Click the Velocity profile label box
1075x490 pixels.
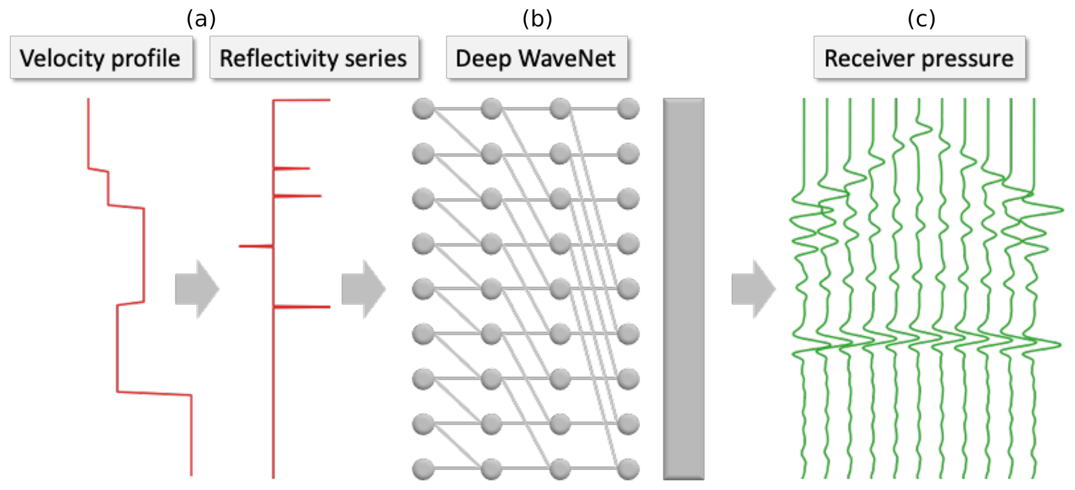pos(101,58)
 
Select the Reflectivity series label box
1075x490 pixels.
pos(314,58)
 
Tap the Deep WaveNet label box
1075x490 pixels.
pos(536,58)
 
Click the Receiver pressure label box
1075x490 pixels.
pos(919,58)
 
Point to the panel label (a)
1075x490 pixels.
pos(201,19)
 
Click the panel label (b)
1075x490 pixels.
pos(537,19)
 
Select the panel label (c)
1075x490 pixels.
pos(921,19)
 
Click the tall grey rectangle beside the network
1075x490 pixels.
pos(683,289)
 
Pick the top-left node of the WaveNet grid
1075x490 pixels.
pos(423,109)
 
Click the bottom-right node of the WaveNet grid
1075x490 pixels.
pos(628,469)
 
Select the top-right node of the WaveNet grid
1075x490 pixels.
pos(628,109)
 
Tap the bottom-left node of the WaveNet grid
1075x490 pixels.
pos(423,469)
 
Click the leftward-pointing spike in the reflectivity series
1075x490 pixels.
pos(255,246)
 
